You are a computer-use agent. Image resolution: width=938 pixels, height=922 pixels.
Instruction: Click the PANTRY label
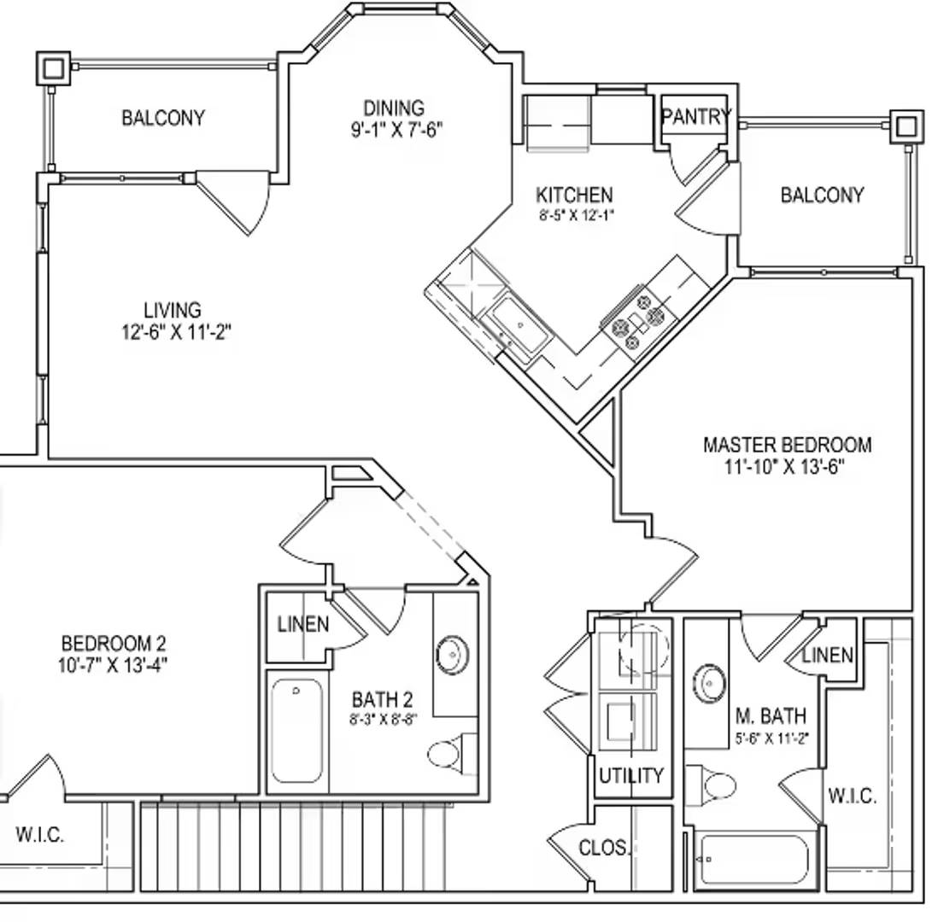pos(695,116)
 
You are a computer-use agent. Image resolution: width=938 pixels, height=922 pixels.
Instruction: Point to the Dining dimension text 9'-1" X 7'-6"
pos(394,130)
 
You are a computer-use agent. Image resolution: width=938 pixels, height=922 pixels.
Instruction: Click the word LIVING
pos(173,310)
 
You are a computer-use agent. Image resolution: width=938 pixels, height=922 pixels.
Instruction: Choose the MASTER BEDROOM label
pos(787,445)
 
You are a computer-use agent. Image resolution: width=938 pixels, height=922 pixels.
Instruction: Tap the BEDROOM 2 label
pos(114,643)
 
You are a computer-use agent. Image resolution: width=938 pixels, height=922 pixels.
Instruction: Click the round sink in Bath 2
pos(451,654)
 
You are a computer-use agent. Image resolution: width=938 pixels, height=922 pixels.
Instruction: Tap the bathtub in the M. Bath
pos(753,861)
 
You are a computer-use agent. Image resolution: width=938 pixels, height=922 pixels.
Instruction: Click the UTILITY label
pos(630,776)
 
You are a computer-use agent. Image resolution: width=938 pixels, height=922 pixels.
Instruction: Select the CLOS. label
pos(603,848)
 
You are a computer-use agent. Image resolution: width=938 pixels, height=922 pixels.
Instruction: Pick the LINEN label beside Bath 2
pos(303,624)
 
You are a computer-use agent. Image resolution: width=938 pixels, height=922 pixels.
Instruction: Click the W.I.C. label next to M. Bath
pos(852,796)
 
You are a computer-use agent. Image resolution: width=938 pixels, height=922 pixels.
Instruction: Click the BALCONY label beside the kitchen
pos(822,195)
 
